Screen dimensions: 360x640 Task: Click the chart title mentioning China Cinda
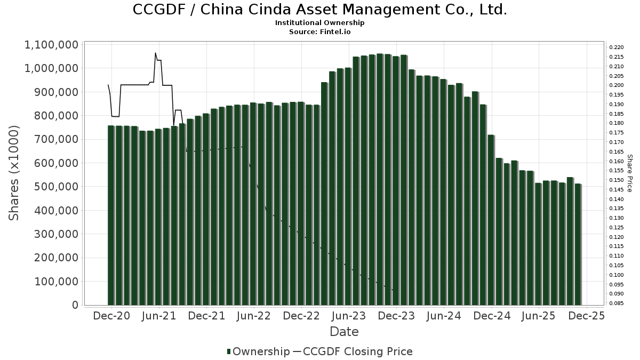pyautogui.click(x=319, y=10)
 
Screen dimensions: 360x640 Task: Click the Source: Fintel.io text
pyautogui.click(x=320, y=31)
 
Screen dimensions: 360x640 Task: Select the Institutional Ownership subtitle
pyautogui.click(x=320, y=23)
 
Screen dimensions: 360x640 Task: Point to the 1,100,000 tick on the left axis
pyautogui.click(x=51, y=45)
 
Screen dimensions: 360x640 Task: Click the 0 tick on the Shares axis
pyautogui.click(x=75, y=305)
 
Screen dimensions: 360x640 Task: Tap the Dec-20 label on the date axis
pyautogui.click(x=111, y=316)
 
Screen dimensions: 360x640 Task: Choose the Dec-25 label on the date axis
pyautogui.click(x=586, y=316)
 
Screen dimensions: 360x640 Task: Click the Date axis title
pyautogui.click(x=344, y=332)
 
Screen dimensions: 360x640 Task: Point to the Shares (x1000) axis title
pyautogui.click(x=14, y=173)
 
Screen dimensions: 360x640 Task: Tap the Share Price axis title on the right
pyautogui.click(x=629, y=173)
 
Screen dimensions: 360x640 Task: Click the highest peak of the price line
pyautogui.click(x=155, y=53)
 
